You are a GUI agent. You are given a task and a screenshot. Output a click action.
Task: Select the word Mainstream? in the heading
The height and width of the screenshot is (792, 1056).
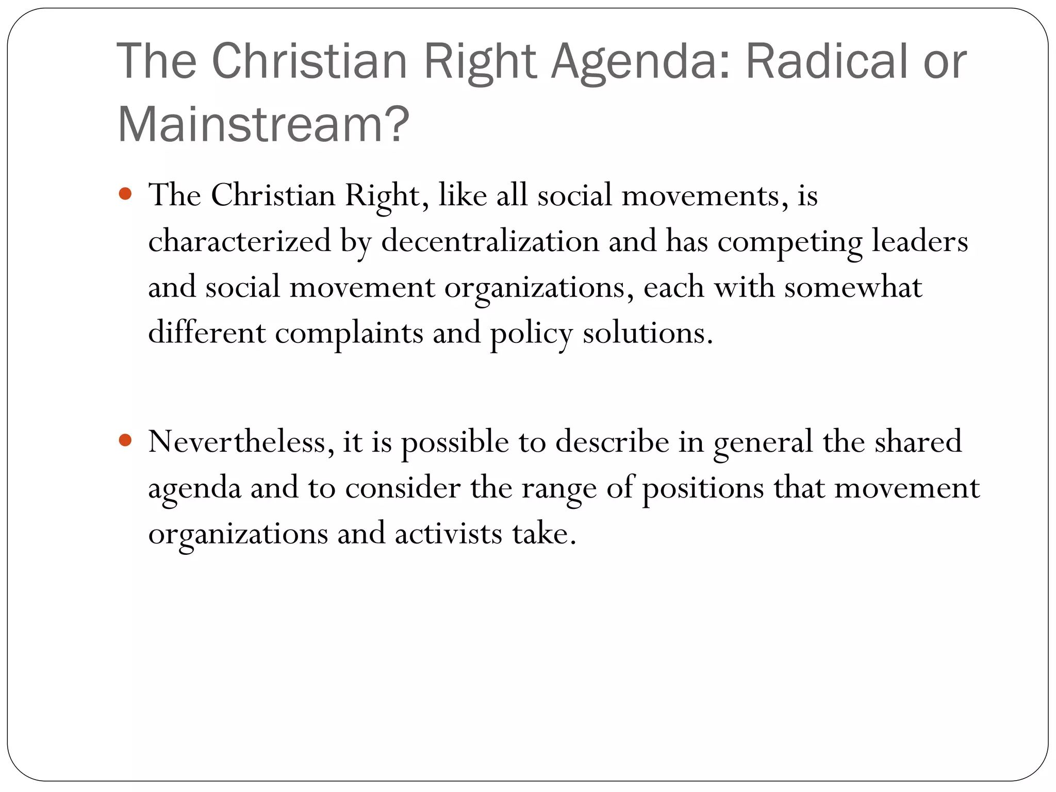tap(263, 125)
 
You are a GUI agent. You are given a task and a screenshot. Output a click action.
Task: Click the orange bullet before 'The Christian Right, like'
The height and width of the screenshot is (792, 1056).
tap(125, 194)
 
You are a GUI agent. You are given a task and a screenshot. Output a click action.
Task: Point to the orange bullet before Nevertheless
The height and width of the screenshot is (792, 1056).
tap(125, 440)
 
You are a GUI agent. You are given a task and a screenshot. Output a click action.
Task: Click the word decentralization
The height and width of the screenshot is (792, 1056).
tap(490, 241)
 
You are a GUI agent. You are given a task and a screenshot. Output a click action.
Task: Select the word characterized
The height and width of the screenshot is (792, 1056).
tap(239, 241)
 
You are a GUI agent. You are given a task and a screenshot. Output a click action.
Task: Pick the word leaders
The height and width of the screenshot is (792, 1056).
tap(920, 241)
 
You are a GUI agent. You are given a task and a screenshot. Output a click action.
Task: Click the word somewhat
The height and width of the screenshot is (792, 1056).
tap(853, 287)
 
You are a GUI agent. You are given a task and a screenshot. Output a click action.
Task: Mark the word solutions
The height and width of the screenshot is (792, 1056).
tap(648, 333)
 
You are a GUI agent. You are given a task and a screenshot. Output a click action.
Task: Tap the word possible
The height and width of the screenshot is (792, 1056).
tap(455, 442)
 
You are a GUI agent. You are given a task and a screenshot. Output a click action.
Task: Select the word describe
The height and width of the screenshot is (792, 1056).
tap(612, 441)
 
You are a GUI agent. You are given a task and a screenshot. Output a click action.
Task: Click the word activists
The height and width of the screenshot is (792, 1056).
tap(448, 533)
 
